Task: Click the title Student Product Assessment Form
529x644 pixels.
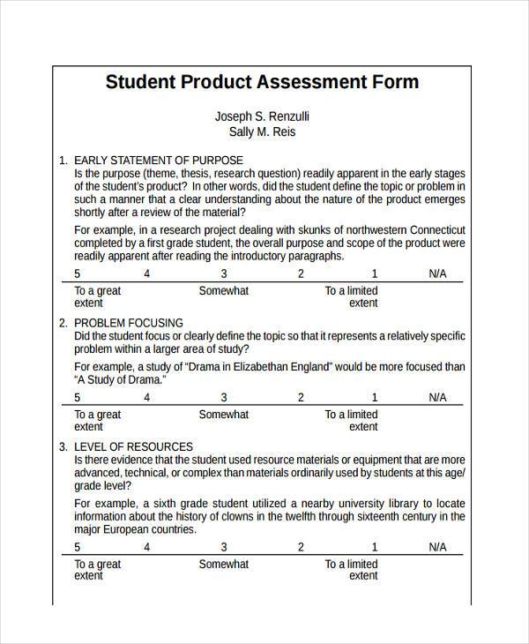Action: (x=262, y=83)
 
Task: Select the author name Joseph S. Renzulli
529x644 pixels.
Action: (x=262, y=116)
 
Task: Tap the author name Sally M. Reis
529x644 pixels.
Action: (x=262, y=132)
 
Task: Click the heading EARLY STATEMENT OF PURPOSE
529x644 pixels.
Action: (x=158, y=161)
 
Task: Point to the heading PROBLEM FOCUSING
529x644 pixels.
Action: (x=129, y=323)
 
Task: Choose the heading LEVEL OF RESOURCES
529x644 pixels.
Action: (x=133, y=446)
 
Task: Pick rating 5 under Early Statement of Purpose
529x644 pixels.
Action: (x=78, y=273)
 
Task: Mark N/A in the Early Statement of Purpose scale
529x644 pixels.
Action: (x=438, y=273)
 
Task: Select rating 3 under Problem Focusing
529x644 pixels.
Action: (x=224, y=397)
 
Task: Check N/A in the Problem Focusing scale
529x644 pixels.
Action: (x=438, y=397)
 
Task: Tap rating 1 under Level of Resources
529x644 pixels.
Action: (x=374, y=547)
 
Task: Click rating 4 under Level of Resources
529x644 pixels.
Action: (x=147, y=547)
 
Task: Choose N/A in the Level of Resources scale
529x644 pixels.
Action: (x=438, y=547)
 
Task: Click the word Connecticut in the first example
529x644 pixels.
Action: (x=434, y=229)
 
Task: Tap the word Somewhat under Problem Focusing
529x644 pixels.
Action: (x=224, y=415)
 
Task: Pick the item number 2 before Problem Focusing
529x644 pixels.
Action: (x=62, y=323)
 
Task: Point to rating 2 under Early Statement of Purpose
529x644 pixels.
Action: (x=301, y=273)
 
